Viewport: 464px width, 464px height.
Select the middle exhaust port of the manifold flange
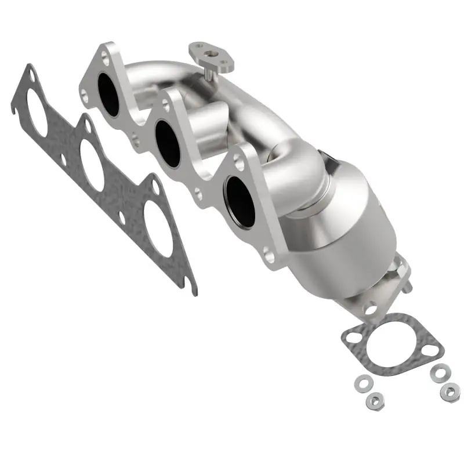[168, 145]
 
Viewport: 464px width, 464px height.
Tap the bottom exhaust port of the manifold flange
[240, 200]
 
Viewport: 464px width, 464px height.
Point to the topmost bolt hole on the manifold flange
[104, 56]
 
